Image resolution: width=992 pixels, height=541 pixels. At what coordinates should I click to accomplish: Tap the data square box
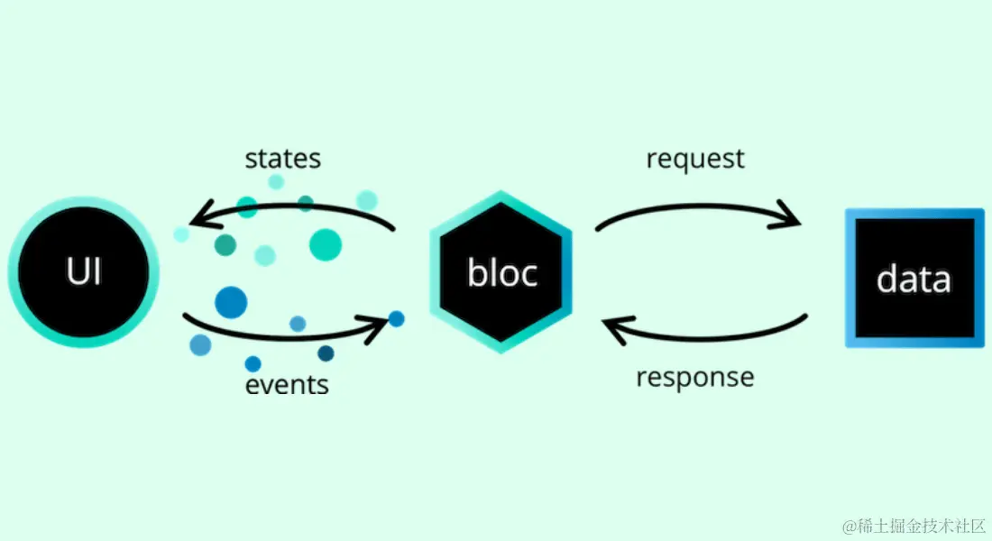[x=914, y=278]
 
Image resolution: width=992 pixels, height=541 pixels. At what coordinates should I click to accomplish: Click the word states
[x=282, y=160]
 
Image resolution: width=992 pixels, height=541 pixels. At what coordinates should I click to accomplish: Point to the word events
[x=287, y=386]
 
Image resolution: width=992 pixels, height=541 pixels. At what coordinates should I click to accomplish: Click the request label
[x=695, y=160]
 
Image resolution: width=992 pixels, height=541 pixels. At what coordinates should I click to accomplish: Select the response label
[x=694, y=376]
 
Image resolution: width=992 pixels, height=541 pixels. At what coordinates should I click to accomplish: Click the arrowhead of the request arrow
[x=790, y=216]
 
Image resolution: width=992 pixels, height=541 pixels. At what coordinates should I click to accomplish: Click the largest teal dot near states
[x=326, y=244]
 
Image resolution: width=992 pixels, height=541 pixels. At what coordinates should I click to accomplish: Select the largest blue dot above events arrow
[x=231, y=302]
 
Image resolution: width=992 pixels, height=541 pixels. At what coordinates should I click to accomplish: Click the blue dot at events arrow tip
[x=396, y=318]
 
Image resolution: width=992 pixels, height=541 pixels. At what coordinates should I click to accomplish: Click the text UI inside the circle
[x=83, y=271]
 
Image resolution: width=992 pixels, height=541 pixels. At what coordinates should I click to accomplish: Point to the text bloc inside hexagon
[x=501, y=273]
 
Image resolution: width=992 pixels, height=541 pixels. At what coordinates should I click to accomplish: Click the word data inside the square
[x=914, y=280]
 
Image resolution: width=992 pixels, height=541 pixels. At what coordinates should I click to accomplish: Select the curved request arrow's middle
[x=694, y=205]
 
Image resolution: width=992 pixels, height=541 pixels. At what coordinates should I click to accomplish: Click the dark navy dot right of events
[x=326, y=353]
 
